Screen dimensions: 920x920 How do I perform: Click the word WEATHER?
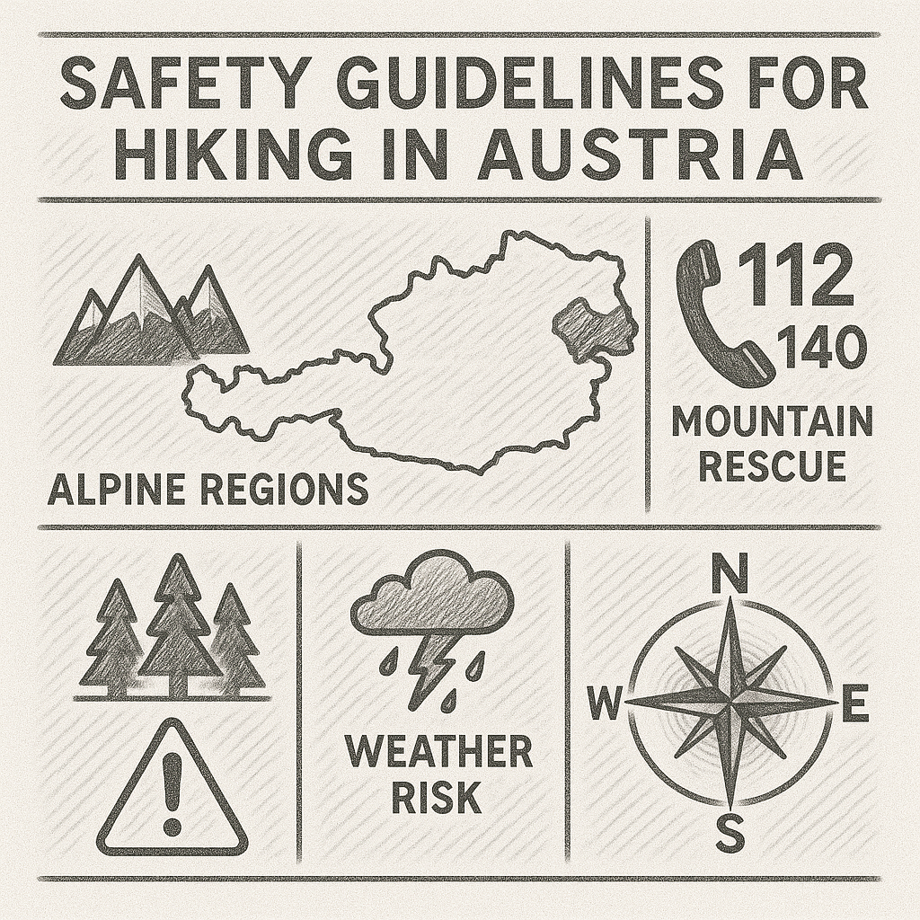coord(438,753)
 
